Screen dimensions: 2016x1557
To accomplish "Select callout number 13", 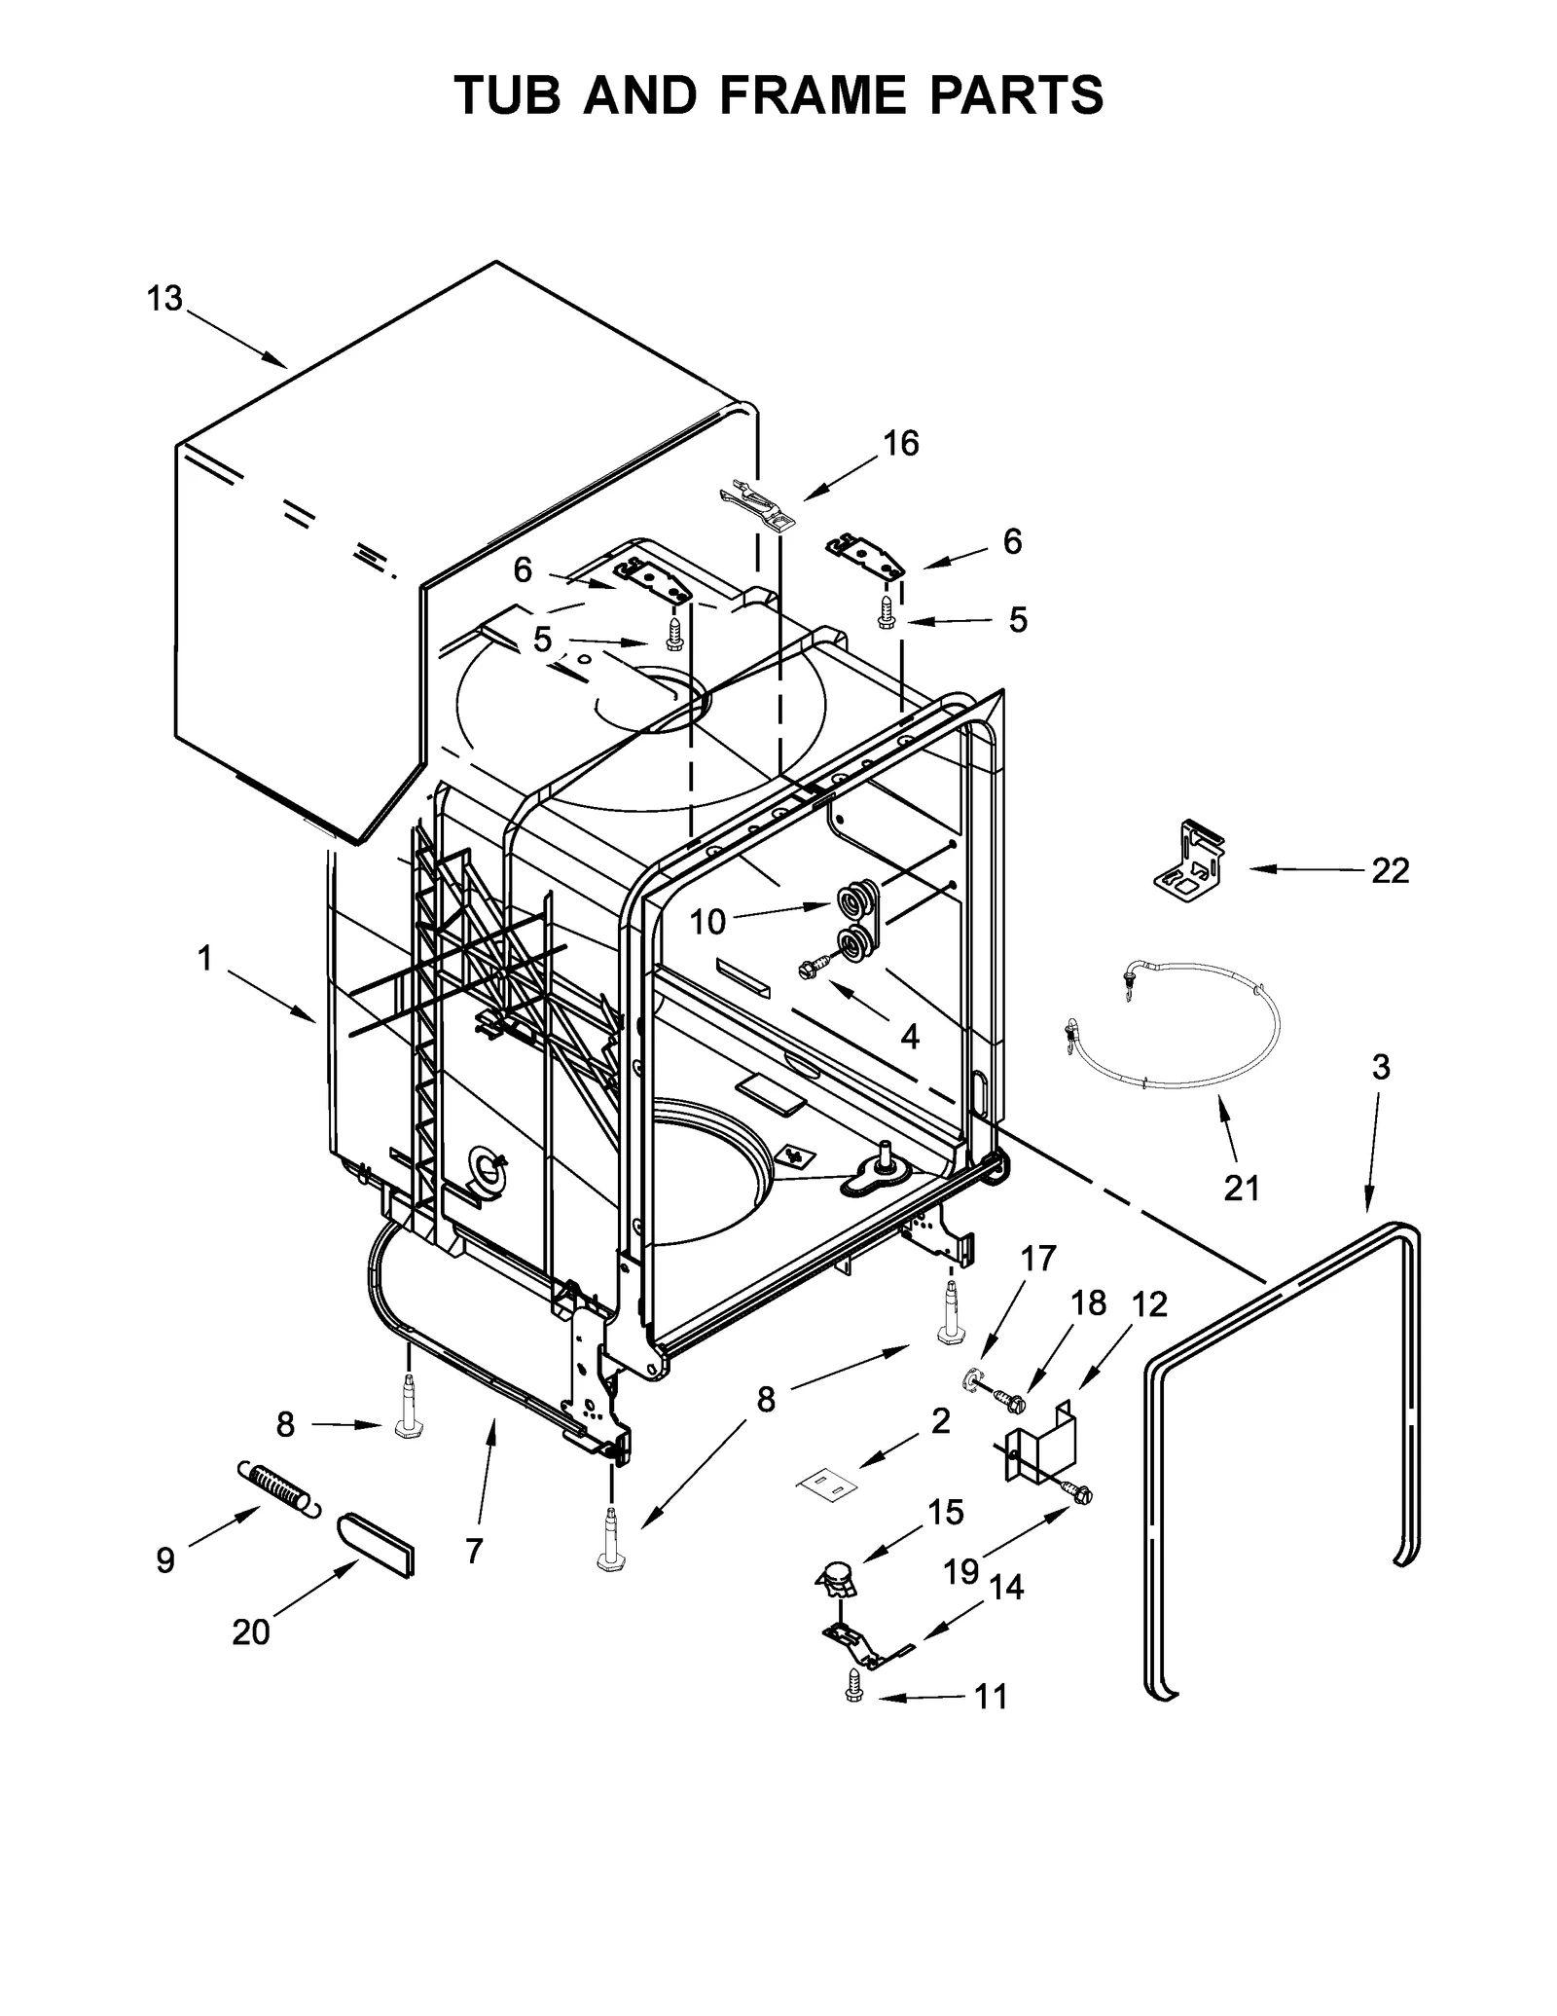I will pyautogui.click(x=164, y=299).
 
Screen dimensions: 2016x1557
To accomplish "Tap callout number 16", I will pyautogui.click(x=900, y=444).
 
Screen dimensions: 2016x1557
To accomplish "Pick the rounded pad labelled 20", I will pyautogui.click(x=376, y=1545).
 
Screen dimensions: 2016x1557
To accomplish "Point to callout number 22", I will pyautogui.click(x=1390, y=870).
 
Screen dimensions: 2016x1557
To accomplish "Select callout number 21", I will pyautogui.click(x=1241, y=1188).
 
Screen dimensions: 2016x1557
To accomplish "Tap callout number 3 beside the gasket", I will pyautogui.click(x=1380, y=1067).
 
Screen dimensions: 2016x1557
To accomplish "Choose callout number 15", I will pyautogui.click(x=945, y=1512).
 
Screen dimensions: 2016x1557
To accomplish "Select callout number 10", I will pyautogui.click(x=707, y=921).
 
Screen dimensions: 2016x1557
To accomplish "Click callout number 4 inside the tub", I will pyautogui.click(x=909, y=1038).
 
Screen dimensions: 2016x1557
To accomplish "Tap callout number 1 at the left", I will pyautogui.click(x=204, y=959).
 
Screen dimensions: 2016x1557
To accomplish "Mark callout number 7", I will pyautogui.click(x=474, y=1551).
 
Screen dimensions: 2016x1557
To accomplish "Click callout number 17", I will pyautogui.click(x=1038, y=1259).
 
